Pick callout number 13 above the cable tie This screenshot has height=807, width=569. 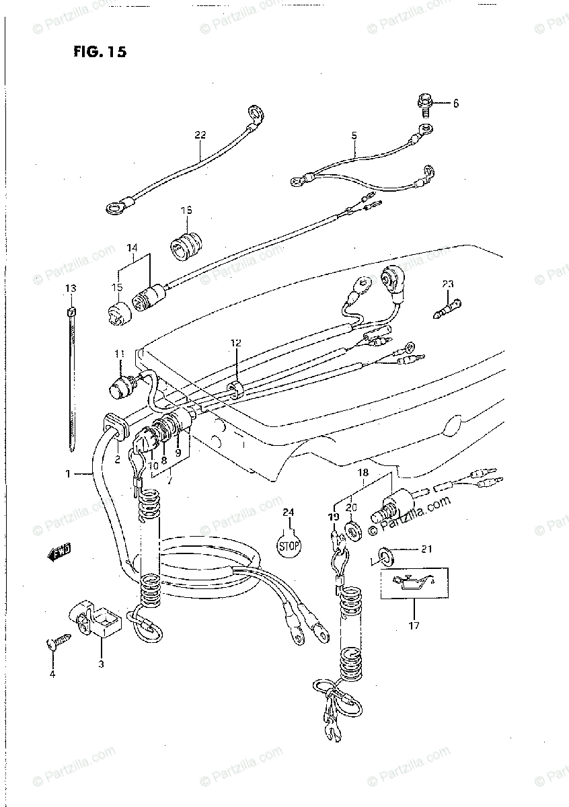pos(71,289)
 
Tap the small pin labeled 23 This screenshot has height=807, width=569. pos(447,309)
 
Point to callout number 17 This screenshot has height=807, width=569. pos(414,626)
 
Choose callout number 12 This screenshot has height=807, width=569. pos(235,343)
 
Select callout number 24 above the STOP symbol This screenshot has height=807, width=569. pos(288,513)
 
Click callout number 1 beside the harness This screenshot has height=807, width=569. pos(67,474)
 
